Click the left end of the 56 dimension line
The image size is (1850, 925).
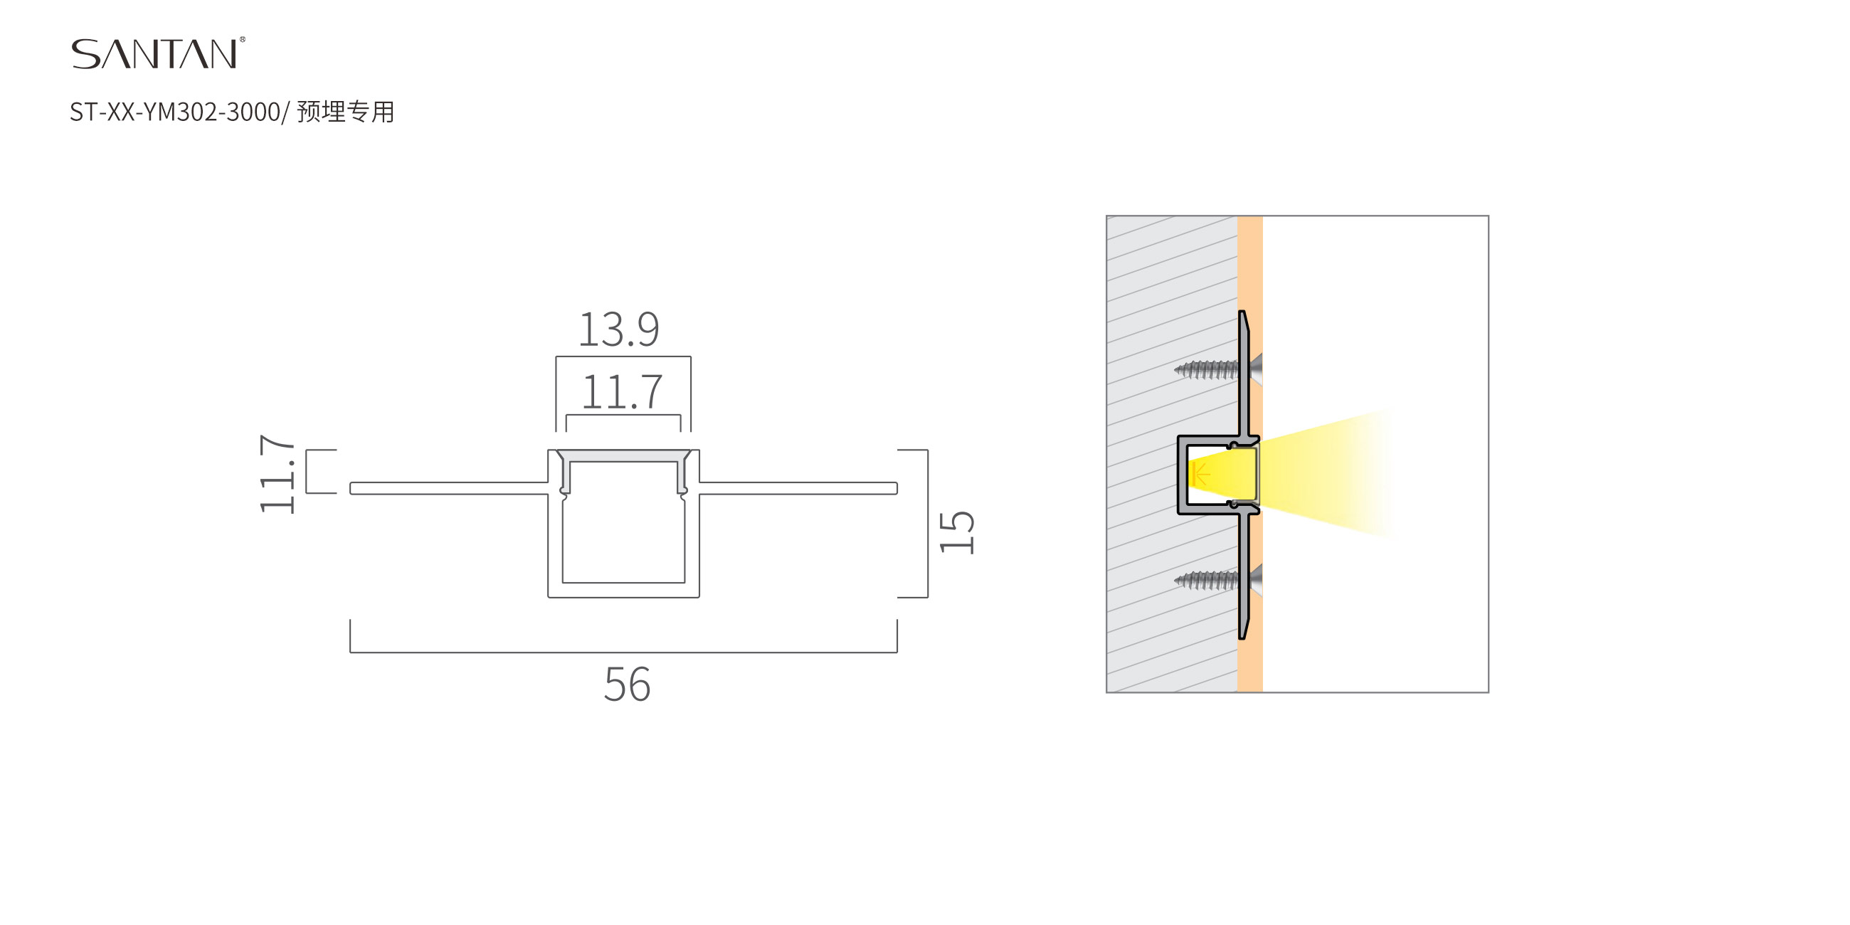(x=351, y=652)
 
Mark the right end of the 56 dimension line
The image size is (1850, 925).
(x=897, y=652)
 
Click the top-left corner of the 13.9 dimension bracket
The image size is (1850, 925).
(x=556, y=357)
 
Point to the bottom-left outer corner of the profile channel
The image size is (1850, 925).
(x=549, y=597)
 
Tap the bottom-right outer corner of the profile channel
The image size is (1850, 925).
(x=699, y=597)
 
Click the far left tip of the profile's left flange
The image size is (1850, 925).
(x=351, y=488)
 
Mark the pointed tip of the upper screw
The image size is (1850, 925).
(x=1175, y=371)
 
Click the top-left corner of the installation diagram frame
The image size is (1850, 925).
(x=1106, y=216)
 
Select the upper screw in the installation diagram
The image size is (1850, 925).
(x=1219, y=370)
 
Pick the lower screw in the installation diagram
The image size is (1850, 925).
(x=1219, y=581)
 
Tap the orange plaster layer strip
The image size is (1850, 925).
(x=1250, y=454)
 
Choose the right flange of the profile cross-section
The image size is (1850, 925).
(x=798, y=488)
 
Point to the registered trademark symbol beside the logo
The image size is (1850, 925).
(x=242, y=41)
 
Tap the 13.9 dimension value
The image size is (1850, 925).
(x=618, y=329)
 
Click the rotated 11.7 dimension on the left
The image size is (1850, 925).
(x=277, y=474)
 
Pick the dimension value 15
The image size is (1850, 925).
(x=956, y=532)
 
